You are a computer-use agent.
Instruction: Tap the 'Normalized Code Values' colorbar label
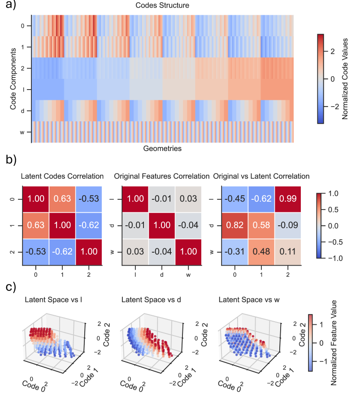pyautogui.click(x=345, y=78)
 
